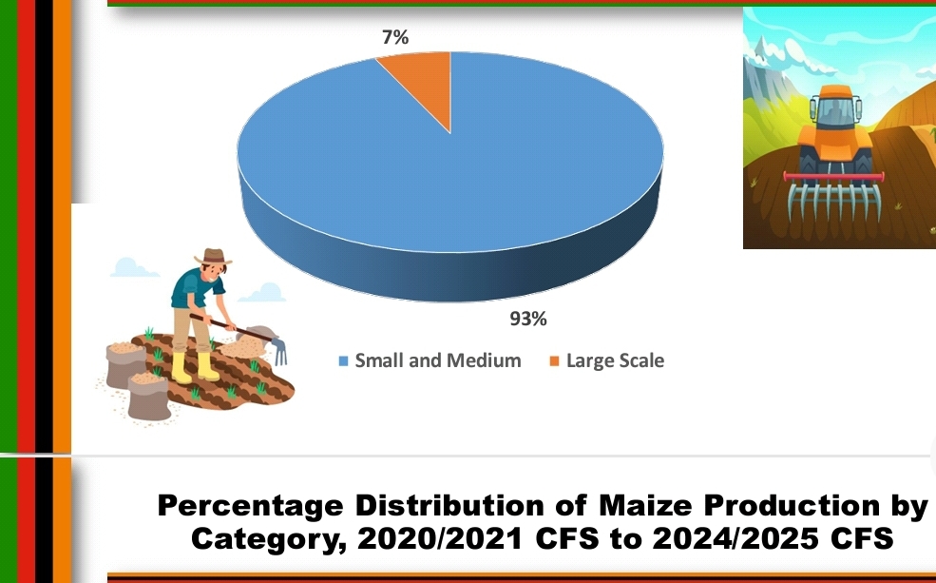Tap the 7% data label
(x=395, y=37)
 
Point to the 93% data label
(x=528, y=319)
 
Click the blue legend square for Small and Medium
(x=343, y=360)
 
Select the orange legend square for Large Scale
(x=555, y=360)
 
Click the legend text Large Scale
(x=615, y=360)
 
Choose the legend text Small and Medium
(x=437, y=360)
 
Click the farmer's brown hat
(x=213, y=257)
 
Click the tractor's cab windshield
(x=835, y=111)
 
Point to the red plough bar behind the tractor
(x=833, y=176)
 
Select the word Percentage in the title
(x=251, y=506)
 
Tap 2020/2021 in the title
(x=439, y=538)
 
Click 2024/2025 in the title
(x=736, y=538)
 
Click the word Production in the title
(x=792, y=505)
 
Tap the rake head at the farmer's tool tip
(x=280, y=351)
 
